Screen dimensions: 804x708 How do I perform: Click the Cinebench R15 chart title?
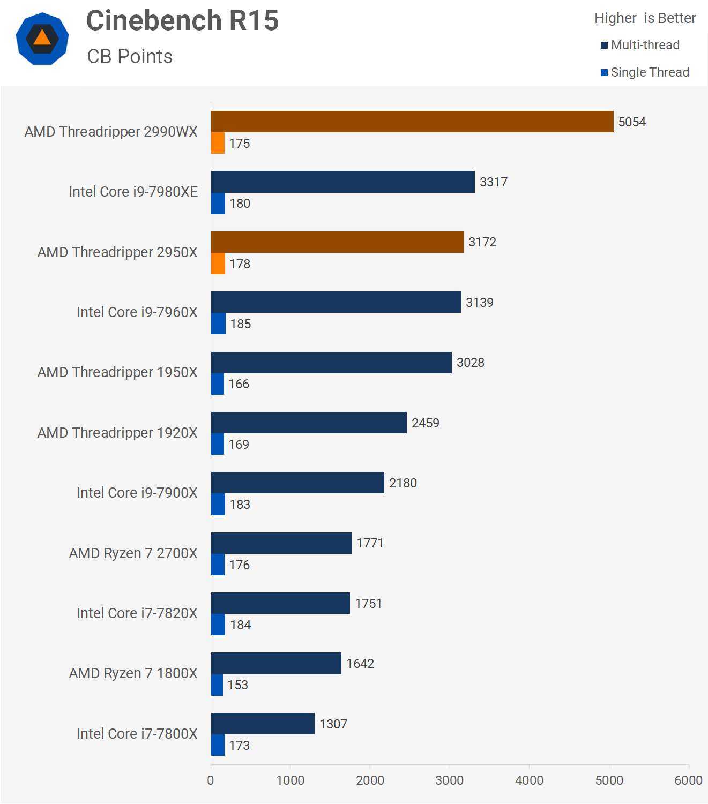click(x=182, y=21)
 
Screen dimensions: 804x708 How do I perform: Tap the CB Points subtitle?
click(x=130, y=56)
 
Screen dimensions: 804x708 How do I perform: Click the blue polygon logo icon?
click(x=42, y=39)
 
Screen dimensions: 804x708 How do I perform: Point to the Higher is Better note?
click(x=645, y=18)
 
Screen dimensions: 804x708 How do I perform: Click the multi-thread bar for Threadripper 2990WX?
click(x=412, y=122)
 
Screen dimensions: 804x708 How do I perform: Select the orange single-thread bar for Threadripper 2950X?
click(x=218, y=264)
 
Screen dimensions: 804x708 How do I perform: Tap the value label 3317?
click(x=493, y=182)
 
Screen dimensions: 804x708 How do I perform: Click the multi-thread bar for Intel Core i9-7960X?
click(x=336, y=302)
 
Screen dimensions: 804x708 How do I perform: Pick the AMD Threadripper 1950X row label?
click(x=117, y=372)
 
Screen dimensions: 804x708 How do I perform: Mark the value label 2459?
click(x=425, y=423)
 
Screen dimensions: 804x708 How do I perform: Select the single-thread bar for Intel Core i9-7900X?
click(x=218, y=504)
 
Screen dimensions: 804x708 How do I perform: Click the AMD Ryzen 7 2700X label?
click(x=133, y=553)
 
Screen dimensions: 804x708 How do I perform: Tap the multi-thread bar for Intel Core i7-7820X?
click(x=280, y=603)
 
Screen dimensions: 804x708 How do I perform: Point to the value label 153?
click(x=237, y=685)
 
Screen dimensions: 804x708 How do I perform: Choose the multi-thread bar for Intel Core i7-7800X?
click(x=263, y=724)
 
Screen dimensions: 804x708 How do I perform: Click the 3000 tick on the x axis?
click(x=449, y=780)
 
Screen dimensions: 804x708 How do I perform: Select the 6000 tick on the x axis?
click(x=688, y=780)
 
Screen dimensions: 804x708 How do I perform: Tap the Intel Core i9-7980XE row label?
click(x=133, y=192)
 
